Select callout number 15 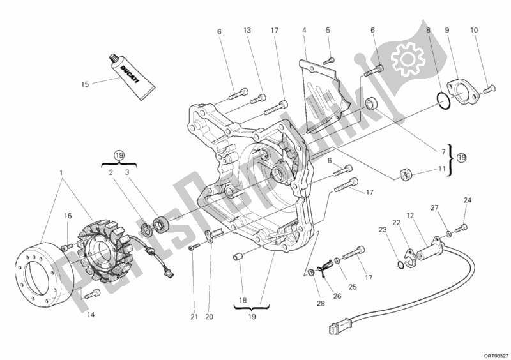point(84,83)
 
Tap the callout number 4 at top point(304,29)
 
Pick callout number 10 point(474,29)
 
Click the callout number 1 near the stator point(61,174)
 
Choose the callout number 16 point(67,217)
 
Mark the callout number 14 point(90,314)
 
